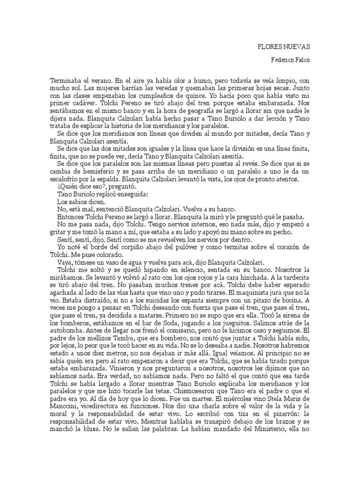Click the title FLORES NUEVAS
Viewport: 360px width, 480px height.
(285, 47)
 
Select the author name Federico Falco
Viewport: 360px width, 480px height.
(291, 60)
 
